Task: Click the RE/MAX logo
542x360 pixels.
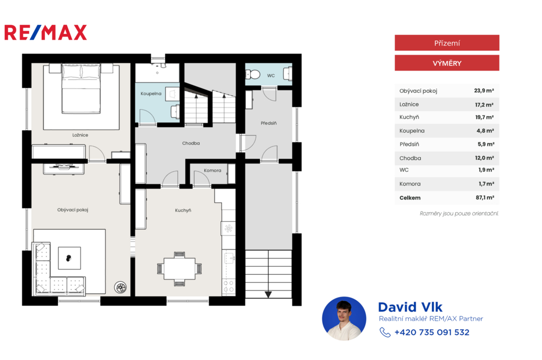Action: pyautogui.click(x=46, y=32)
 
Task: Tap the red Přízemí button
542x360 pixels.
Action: pyautogui.click(x=447, y=43)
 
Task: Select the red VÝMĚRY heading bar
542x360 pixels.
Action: pyautogui.click(x=447, y=63)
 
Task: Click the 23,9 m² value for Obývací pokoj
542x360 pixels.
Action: pyautogui.click(x=484, y=91)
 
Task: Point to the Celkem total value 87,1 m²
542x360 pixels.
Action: pyautogui.click(x=485, y=197)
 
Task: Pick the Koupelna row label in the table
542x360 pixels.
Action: pyautogui.click(x=412, y=131)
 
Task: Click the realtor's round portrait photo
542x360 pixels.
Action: pyautogui.click(x=344, y=319)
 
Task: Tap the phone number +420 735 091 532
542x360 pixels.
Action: pyautogui.click(x=432, y=332)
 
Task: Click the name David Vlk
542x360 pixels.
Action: pyautogui.click(x=410, y=307)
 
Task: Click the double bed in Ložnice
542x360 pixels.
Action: pyautogui.click(x=81, y=89)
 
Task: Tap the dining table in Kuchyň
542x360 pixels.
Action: pyautogui.click(x=179, y=269)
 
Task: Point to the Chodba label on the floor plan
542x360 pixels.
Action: pyautogui.click(x=191, y=143)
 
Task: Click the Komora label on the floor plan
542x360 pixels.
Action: pyautogui.click(x=212, y=170)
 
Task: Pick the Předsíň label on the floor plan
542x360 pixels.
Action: pyautogui.click(x=268, y=123)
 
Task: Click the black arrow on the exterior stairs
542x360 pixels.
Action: pyautogui.click(x=268, y=294)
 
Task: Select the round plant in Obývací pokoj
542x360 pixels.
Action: pyautogui.click(x=121, y=287)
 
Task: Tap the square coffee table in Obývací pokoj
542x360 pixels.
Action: pyautogui.click(x=69, y=258)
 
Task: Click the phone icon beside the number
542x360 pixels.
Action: pyautogui.click(x=385, y=332)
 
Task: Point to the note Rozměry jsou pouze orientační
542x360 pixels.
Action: pyautogui.click(x=459, y=213)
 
